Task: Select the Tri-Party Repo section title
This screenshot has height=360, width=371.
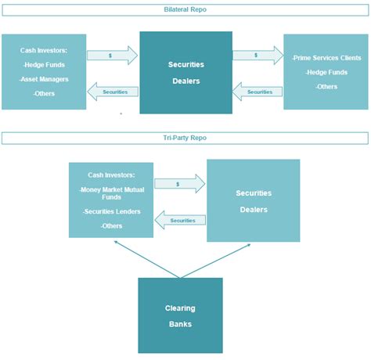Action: [x=185, y=138]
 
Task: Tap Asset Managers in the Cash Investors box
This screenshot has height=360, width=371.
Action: [x=44, y=78]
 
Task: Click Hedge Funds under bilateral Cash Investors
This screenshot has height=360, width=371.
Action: [x=44, y=64]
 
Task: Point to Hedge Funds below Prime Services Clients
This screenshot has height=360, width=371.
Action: [x=326, y=72]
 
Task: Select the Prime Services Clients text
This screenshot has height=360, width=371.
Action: [x=326, y=58]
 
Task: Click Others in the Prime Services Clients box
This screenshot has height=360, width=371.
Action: [x=326, y=86]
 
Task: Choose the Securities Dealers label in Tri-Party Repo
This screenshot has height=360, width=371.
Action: [x=253, y=200]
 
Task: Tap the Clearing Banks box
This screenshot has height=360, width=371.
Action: [x=180, y=315]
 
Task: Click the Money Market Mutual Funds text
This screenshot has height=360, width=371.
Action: [x=111, y=193]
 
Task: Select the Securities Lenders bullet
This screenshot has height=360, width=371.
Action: [x=111, y=211]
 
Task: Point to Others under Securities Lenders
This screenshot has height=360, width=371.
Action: [x=111, y=225]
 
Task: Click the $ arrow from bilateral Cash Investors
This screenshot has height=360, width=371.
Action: [x=112, y=55]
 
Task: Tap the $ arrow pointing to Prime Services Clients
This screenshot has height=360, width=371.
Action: [x=258, y=55]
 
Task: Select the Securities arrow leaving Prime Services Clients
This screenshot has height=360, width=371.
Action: [x=258, y=92]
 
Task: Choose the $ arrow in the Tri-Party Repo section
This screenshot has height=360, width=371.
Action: [x=179, y=183]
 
